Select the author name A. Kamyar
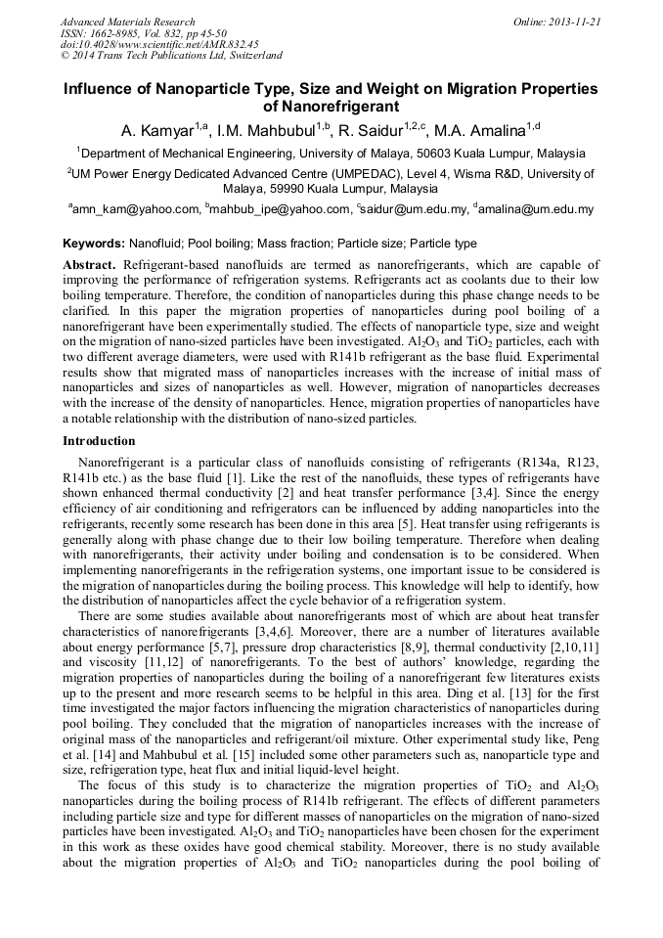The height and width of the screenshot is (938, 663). (x=155, y=129)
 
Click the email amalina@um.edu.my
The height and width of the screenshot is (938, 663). (x=537, y=209)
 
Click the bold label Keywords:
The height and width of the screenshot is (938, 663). (x=94, y=244)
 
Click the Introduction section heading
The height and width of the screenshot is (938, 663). (x=99, y=441)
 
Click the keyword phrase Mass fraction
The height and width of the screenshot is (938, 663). (x=295, y=244)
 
